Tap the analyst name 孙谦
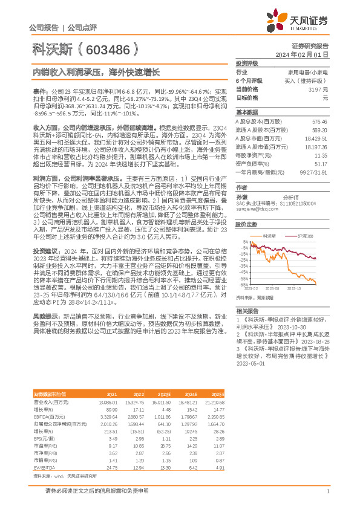242,196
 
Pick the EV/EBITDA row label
43,451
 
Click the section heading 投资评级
247,63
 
